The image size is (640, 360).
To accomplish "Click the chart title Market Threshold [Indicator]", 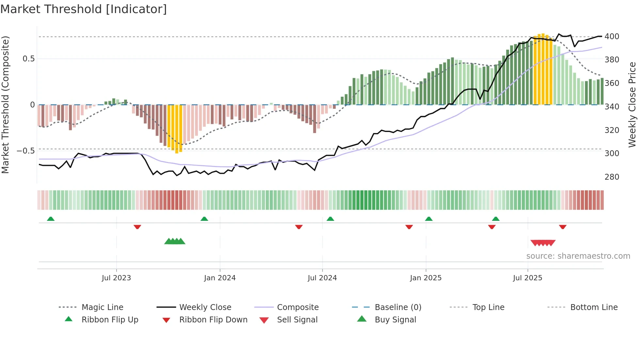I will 84,9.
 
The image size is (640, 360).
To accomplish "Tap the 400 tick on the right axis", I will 612,36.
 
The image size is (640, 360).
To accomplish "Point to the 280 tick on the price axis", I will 612,177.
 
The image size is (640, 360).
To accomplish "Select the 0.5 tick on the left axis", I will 28,59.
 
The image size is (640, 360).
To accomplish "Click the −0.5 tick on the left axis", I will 25,151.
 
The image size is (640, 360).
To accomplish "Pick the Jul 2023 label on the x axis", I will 116,278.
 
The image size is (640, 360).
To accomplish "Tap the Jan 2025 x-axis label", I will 425,278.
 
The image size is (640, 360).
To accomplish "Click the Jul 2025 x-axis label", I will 527,278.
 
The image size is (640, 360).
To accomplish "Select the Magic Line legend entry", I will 102,307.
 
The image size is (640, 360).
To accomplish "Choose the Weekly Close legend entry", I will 205,307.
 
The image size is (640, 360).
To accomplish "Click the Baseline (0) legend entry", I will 398,307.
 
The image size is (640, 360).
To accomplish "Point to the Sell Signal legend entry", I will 297,320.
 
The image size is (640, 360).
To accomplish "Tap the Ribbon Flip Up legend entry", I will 110,320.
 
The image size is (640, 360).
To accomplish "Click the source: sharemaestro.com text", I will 578,256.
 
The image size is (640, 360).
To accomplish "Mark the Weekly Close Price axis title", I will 632,105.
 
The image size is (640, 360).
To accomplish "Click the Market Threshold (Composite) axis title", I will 5,105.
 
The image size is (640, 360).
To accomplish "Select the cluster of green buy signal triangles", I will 175,241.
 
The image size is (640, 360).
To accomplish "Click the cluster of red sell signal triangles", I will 543,243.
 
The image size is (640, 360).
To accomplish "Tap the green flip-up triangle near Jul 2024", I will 330,219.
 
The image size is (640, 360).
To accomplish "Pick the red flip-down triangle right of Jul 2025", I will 562,227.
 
